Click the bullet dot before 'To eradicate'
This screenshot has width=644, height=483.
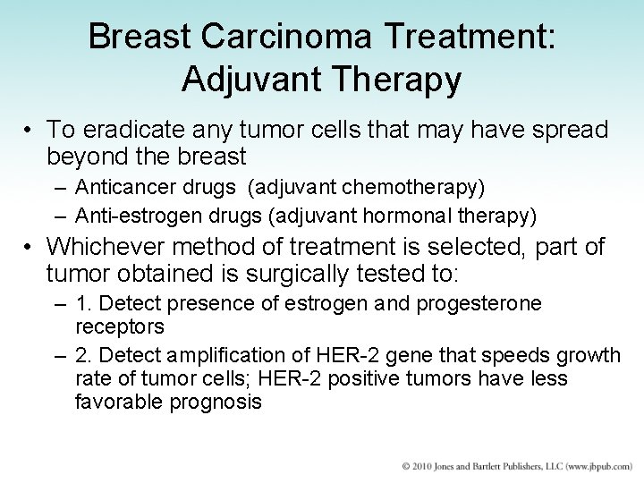point(29,131)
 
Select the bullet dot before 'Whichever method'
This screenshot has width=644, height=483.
point(29,248)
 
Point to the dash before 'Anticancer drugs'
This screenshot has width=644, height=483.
point(59,189)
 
